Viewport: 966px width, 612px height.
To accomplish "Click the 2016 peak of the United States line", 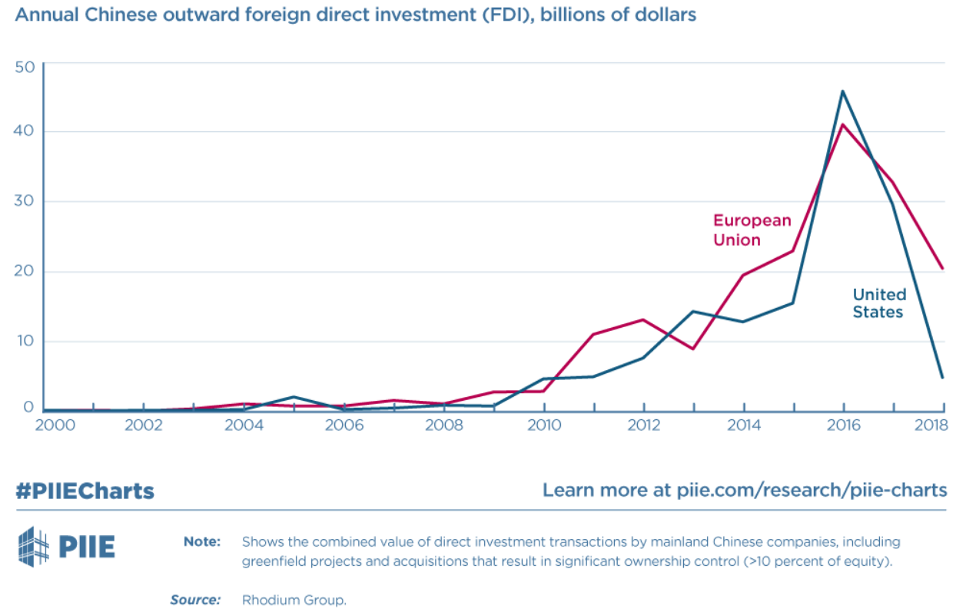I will [x=843, y=91].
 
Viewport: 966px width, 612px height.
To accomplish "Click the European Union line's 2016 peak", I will [x=843, y=124].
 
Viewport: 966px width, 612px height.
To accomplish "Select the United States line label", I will [x=879, y=303].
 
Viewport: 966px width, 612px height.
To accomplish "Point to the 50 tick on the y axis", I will [x=25, y=67].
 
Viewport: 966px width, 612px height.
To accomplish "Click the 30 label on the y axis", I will [x=25, y=201].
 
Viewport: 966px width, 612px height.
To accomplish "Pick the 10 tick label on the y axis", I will [x=25, y=341].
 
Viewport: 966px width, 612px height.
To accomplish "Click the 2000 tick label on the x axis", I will [x=55, y=425].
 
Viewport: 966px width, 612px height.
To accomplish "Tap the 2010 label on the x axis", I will [x=544, y=425].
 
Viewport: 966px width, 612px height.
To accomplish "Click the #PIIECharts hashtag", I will [x=85, y=491].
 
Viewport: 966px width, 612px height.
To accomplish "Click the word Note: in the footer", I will [x=202, y=541].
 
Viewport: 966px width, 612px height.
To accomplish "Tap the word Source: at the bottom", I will [x=195, y=600].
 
